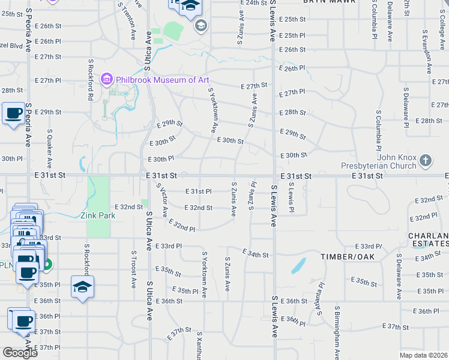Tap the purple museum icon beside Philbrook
107,79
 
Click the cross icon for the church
425,160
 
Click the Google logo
20,353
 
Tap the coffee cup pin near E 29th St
13,113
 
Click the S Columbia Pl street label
379,130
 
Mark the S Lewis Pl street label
291,198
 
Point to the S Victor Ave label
161,200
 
